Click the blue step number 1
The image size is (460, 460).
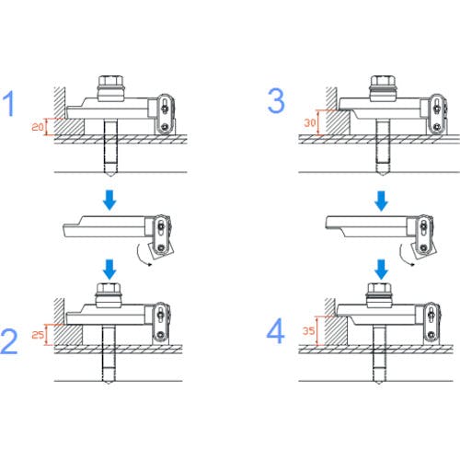tap(8, 104)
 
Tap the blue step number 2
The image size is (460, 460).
tap(9, 341)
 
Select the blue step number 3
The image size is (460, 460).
tap(276, 101)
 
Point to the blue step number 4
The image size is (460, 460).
tap(275, 331)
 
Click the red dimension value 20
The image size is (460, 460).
tap(38, 126)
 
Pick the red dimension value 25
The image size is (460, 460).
tap(38, 334)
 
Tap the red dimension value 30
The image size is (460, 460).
tap(310, 122)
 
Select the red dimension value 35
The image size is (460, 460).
tap(309, 330)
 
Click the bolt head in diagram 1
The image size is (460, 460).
tap(110, 81)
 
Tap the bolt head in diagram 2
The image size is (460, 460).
tap(109, 289)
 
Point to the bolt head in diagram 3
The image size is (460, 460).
tap(383, 81)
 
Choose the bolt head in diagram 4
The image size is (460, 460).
tap(379, 289)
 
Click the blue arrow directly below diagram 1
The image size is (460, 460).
tap(109, 200)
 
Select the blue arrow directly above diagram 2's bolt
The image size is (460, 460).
tap(109, 270)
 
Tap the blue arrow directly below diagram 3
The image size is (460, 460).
tap(382, 201)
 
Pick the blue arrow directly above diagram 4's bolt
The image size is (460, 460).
tap(381, 270)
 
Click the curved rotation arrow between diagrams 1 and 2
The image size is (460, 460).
tap(140, 258)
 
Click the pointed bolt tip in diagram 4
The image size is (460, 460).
tap(379, 384)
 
